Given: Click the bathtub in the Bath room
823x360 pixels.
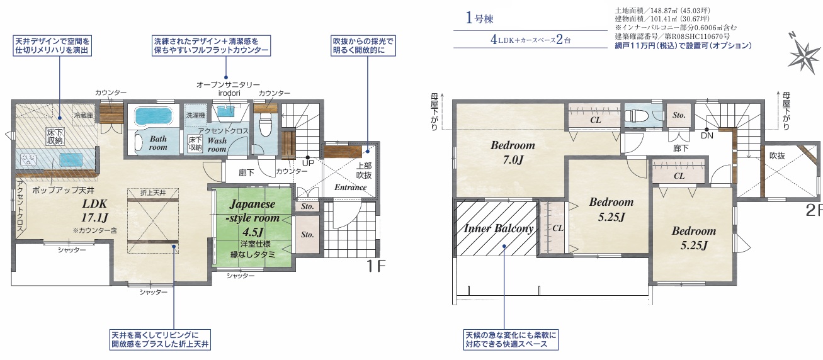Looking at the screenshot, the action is tap(154, 116).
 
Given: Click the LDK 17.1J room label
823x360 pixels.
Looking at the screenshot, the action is tap(95, 210).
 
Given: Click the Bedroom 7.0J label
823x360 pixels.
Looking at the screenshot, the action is tap(513, 152).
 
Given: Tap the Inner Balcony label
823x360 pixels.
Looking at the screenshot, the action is tap(499, 228).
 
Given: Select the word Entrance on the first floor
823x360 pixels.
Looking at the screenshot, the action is tap(350, 188).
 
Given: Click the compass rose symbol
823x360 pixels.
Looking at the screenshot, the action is tap(805, 55).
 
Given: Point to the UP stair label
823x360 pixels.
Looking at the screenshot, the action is tap(308, 163).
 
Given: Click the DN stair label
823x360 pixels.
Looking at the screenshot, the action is tap(707, 135).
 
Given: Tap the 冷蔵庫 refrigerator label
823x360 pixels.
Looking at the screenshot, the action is tap(83, 115).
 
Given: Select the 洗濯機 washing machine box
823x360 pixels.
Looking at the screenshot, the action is tap(195, 115).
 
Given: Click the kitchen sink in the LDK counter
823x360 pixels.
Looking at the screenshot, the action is tap(72, 160).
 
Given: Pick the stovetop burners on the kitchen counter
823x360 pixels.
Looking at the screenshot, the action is tap(28, 161).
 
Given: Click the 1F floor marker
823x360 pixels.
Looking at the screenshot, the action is tap(375, 266).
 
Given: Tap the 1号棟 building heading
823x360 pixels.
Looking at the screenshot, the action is tap(479, 18).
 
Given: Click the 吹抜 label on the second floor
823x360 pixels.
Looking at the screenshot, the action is tap(777, 156).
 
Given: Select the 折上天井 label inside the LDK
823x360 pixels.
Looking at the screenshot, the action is tap(153, 193).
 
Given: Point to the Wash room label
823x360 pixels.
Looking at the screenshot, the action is tap(217, 145).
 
